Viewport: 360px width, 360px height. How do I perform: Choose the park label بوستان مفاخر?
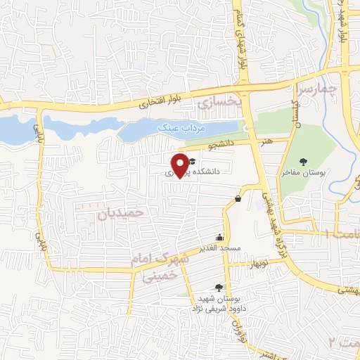tap(303, 172)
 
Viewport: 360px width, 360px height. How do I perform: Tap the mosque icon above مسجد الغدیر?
tap(221, 238)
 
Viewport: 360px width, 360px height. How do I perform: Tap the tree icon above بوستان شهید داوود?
tap(218, 287)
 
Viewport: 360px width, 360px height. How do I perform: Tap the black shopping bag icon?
tap(238, 199)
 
